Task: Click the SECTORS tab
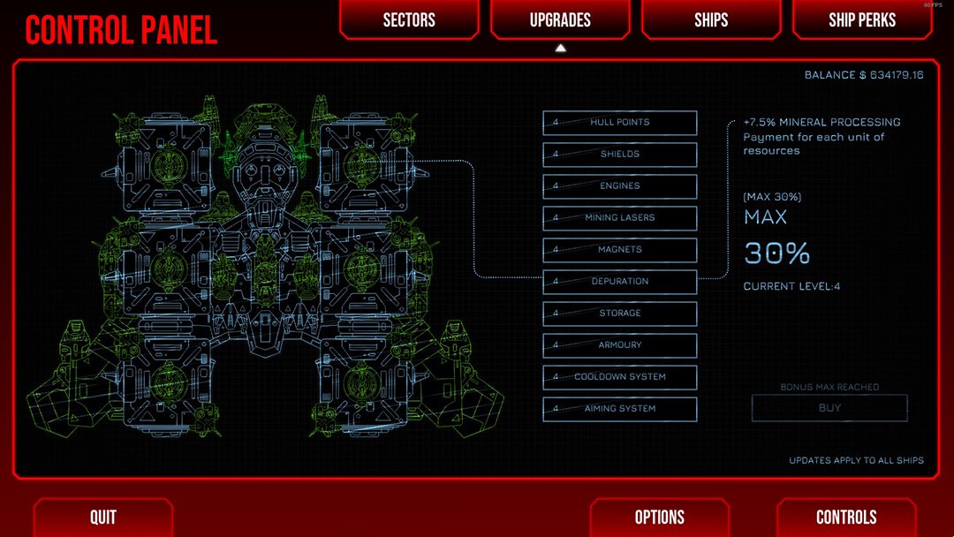pos(409,19)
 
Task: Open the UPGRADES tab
pos(560,19)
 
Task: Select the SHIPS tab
pos(710,19)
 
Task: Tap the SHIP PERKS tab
pos(861,19)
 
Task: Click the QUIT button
pos(102,517)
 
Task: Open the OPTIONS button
pos(660,517)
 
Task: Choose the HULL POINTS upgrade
pos(619,122)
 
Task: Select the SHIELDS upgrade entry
pos(619,154)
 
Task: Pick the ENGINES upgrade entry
pos(619,186)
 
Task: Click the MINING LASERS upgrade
pos(619,218)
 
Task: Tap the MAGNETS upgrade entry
pos(619,249)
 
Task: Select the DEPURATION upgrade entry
pos(619,282)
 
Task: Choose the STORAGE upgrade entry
pos(619,314)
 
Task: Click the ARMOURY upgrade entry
pos(619,344)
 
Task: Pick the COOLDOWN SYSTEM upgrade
pos(619,377)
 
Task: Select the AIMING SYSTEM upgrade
pos(619,409)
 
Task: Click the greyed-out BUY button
pos(829,408)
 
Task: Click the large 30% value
pos(777,253)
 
